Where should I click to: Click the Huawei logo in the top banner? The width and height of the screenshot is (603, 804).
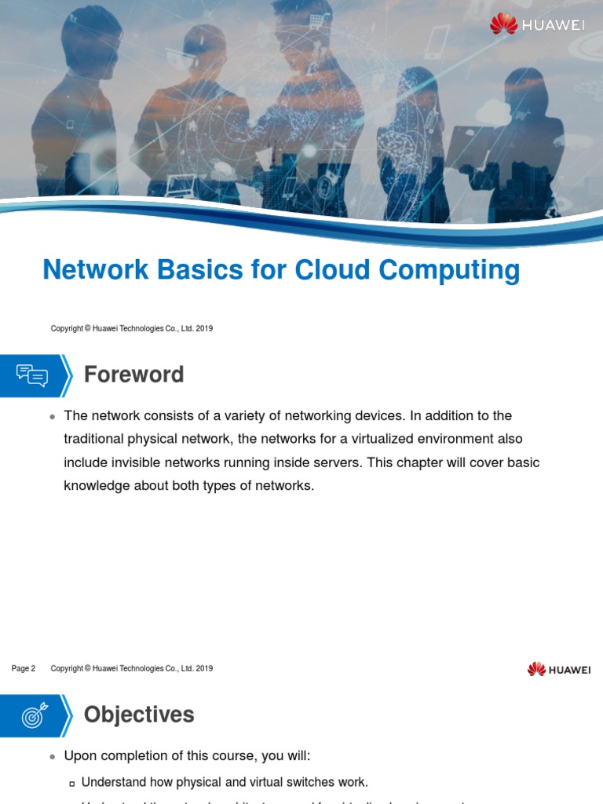click(x=538, y=24)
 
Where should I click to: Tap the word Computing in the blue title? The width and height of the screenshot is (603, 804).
click(x=449, y=271)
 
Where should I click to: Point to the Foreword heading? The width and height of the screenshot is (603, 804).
click(x=133, y=375)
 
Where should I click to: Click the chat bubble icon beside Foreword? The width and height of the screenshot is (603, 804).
click(x=32, y=375)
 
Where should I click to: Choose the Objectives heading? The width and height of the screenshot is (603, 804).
click(x=139, y=714)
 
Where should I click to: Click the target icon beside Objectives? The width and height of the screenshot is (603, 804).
click(x=32, y=714)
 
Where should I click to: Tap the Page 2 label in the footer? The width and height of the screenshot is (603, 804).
click(x=24, y=669)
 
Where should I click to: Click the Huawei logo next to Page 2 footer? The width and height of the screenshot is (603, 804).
click(x=559, y=669)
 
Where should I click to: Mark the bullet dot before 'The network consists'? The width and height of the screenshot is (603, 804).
click(x=52, y=416)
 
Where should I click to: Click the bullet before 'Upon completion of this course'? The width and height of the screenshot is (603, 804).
click(x=52, y=757)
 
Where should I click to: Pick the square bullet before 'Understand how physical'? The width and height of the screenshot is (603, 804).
click(x=71, y=783)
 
